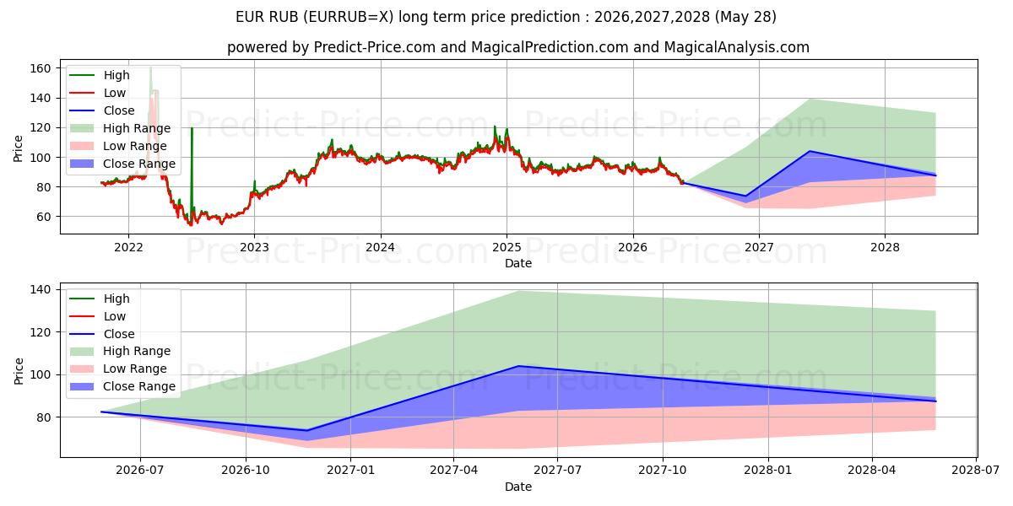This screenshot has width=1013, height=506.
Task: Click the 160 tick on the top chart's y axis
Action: coord(41,68)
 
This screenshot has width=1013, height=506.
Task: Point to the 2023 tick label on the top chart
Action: coord(254,248)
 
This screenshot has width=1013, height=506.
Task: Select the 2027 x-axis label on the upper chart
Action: coord(759,248)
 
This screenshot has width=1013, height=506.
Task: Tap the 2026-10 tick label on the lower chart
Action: coord(246,471)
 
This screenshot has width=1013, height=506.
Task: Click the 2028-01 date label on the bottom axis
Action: coord(768,471)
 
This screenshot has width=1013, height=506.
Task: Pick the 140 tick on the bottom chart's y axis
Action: coord(41,289)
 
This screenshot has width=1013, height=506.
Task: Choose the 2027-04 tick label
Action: coord(453,471)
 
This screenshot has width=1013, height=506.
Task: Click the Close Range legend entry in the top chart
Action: coord(122,164)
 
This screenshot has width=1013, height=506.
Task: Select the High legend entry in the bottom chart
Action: coord(100,299)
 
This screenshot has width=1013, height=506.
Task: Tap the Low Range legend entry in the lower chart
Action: coord(118,369)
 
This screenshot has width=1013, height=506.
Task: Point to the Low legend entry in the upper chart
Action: coord(98,93)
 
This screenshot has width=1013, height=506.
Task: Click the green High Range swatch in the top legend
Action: coord(82,128)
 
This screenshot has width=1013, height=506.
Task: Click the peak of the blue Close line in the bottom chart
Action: coord(518,366)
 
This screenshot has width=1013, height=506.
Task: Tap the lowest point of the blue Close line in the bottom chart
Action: coord(306,431)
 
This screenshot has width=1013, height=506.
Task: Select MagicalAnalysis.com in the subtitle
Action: coord(737,47)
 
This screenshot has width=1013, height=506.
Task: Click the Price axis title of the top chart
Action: coord(18,148)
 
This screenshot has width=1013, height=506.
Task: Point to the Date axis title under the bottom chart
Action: coord(518,487)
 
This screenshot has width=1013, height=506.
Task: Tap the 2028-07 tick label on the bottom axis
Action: coord(976,471)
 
